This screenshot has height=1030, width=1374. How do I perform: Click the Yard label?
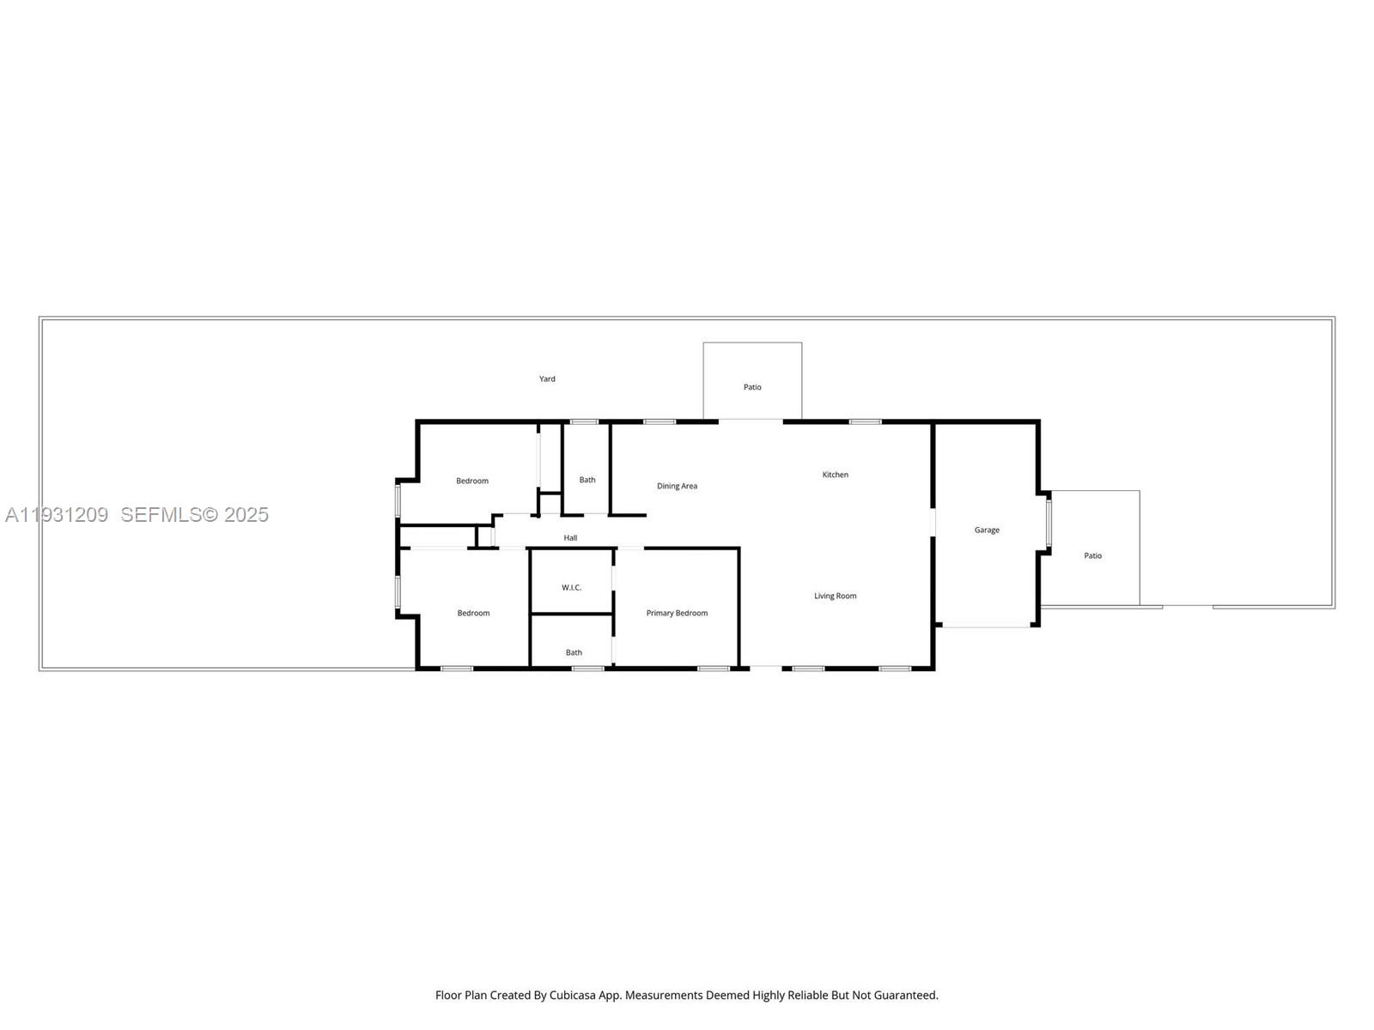547,379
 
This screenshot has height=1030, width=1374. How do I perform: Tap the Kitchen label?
835,475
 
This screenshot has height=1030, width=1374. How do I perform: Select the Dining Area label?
677,486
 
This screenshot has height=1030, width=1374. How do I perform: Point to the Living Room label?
835,596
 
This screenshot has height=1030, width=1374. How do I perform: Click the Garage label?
987,530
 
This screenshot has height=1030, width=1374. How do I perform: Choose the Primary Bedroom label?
677,613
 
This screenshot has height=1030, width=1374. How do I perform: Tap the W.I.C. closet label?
571,587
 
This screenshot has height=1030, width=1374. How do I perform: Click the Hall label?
570,538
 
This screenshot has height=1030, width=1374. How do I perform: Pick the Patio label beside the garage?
1092,555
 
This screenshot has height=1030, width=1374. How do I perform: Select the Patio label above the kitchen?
752,387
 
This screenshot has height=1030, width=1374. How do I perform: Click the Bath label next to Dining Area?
587,480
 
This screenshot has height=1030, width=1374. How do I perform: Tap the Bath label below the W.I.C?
574,652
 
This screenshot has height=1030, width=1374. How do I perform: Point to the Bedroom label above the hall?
472,481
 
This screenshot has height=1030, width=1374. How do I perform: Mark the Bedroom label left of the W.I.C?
473,613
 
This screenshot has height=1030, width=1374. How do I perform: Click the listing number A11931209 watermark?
57,515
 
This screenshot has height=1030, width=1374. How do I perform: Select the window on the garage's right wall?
1049,524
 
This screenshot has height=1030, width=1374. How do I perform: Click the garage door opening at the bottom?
987,626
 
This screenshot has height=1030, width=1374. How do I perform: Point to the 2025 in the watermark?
246,515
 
